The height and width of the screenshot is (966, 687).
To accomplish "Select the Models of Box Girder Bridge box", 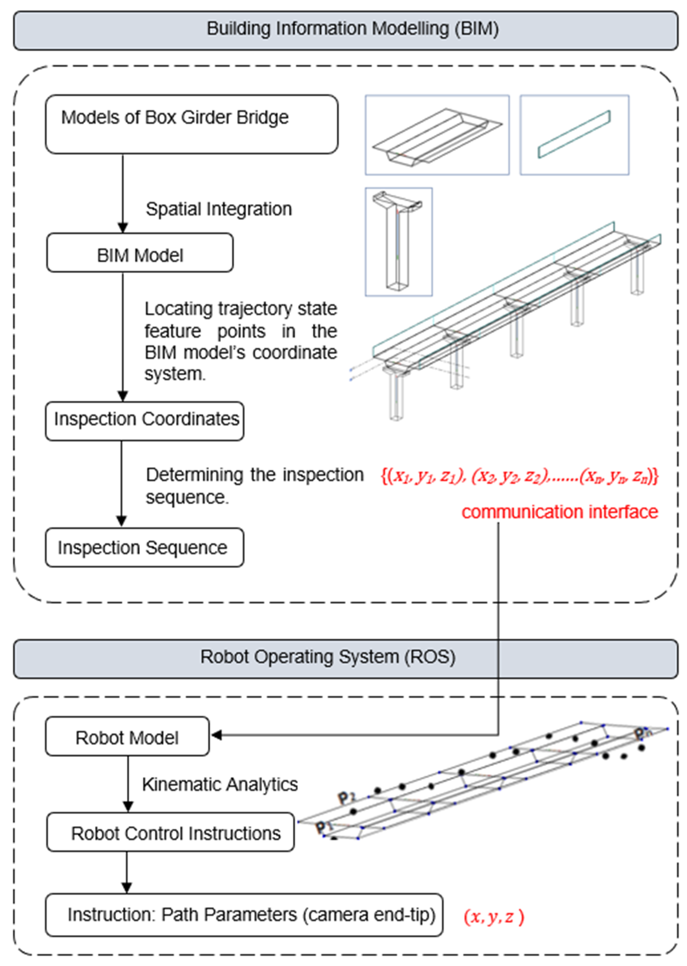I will [x=191, y=124].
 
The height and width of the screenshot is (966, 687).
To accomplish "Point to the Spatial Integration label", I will [x=219, y=209].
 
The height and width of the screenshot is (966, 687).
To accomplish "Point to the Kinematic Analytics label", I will [x=220, y=784].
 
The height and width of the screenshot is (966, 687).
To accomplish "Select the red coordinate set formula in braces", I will [x=520, y=476].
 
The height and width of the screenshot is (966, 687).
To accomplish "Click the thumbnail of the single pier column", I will [x=398, y=242].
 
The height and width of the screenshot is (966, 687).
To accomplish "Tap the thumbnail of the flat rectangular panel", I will [x=574, y=135].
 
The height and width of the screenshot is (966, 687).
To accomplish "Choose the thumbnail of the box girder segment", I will [x=437, y=135].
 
